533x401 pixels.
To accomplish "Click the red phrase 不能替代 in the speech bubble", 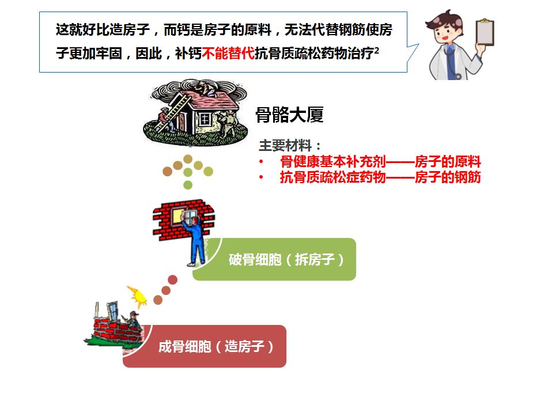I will pos(228,54).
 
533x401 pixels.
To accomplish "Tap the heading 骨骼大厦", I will pos(289,115).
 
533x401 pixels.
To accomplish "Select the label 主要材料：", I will pos(290,145).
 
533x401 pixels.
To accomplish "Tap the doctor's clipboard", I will pos(486,33).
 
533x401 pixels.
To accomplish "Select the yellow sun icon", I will pos(138,294).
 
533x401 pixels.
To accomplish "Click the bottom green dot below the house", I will pos(187,185).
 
